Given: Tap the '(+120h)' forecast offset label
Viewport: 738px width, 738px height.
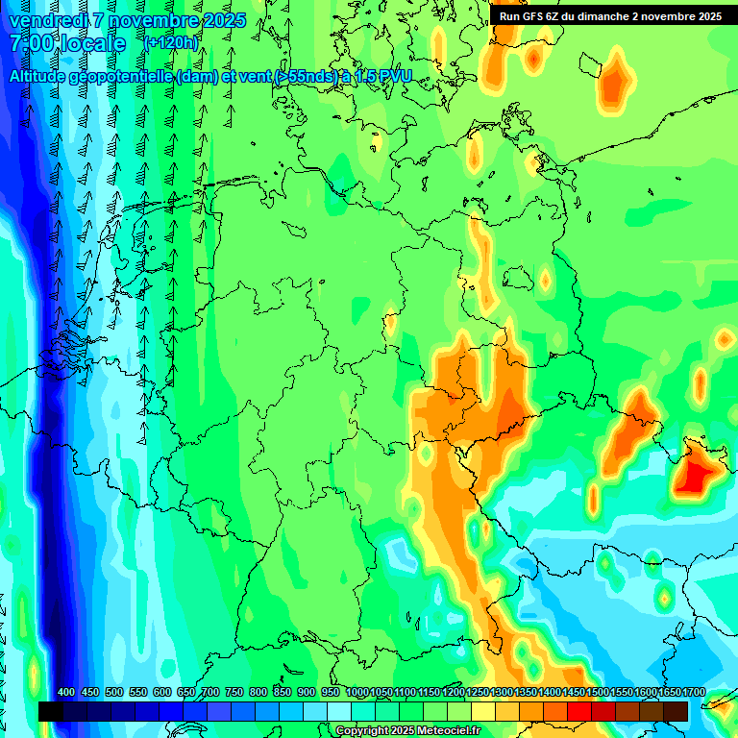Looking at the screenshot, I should click(170, 43).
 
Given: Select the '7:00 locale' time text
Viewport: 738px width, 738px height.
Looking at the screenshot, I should click(67, 44).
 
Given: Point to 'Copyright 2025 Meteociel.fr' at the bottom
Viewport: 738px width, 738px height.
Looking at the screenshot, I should click(408, 731).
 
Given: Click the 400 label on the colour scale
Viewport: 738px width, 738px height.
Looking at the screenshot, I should click(66, 693).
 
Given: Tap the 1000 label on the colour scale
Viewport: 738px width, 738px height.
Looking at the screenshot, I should click(357, 693).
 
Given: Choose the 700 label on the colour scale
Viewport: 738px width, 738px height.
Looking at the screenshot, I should click(210, 693).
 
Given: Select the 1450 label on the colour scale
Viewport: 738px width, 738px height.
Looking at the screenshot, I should click(573, 693).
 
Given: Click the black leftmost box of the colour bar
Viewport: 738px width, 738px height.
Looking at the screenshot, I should click(51, 711).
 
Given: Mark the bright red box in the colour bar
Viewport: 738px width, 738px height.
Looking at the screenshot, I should click(579, 711).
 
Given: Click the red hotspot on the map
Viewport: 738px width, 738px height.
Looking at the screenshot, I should click(696, 473).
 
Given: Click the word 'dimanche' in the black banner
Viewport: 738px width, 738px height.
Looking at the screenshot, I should click(609, 16).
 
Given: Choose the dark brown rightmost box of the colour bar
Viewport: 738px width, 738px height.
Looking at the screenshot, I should click(676, 711).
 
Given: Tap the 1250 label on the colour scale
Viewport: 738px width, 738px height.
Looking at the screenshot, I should click(477, 693).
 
